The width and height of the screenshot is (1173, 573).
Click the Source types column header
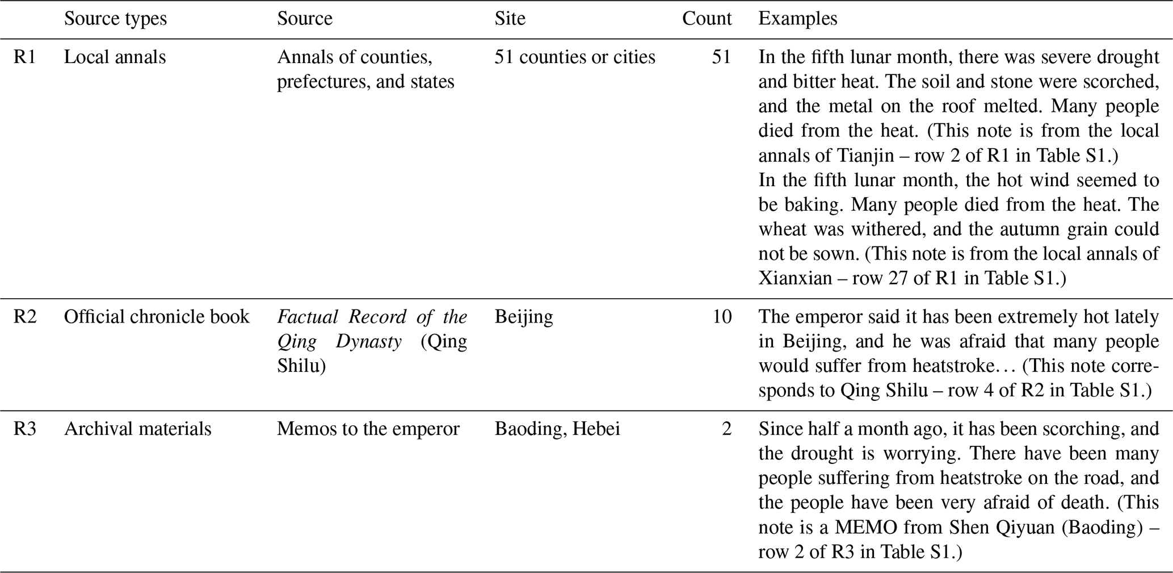(x=115, y=19)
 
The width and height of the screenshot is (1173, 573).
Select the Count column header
(x=707, y=19)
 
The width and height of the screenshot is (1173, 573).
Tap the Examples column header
(x=797, y=19)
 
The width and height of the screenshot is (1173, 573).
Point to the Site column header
(x=510, y=19)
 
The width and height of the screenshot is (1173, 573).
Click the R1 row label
(x=24, y=57)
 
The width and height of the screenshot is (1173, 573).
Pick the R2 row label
(x=24, y=316)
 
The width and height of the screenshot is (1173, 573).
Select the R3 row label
(x=24, y=429)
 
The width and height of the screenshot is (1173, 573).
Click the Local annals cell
(x=115, y=57)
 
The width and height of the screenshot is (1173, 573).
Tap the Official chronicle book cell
(x=156, y=316)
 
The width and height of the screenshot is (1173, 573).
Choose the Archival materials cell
(x=137, y=429)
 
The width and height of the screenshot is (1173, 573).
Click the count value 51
(x=721, y=57)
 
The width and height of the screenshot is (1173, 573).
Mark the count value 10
(x=722, y=316)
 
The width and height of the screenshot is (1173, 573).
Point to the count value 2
(x=726, y=429)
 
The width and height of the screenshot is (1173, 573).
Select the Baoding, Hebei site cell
(x=557, y=429)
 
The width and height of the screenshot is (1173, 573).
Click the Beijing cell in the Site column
(x=523, y=316)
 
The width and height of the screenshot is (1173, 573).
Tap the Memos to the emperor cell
(x=368, y=429)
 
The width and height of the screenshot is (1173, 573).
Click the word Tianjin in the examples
(x=865, y=155)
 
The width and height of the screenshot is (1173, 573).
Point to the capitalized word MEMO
(x=865, y=528)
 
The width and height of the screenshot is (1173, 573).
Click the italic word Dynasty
(x=368, y=341)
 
